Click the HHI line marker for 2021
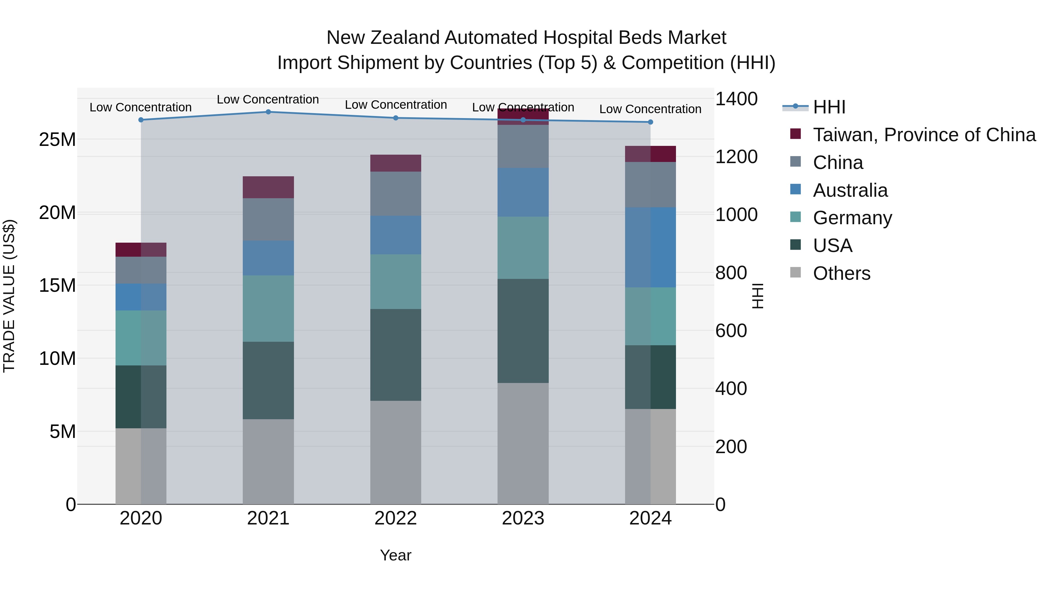[x=268, y=112]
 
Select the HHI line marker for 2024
[x=650, y=122]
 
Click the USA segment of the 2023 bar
[x=523, y=331]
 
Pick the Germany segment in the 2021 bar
[x=268, y=308]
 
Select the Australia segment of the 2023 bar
[x=523, y=192]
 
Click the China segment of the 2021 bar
[x=268, y=219]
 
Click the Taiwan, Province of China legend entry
[x=924, y=135]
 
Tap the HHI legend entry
[x=829, y=107]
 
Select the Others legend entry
[x=841, y=273]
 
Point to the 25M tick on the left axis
[x=57, y=140]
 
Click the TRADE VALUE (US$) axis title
[x=9, y=296]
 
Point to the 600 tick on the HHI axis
[x=731, y=331]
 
